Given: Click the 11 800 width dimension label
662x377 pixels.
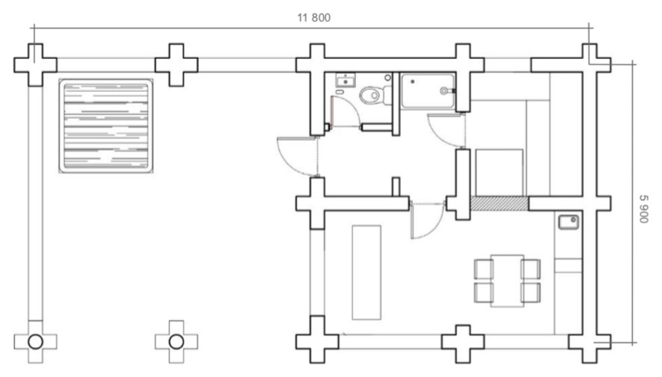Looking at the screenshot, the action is tap(313, 18).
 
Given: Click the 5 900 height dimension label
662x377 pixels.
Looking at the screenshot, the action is tap(643, 209).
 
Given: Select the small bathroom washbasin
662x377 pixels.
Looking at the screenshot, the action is tap(346, 80).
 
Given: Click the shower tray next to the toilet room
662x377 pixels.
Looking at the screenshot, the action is tap(428, 91).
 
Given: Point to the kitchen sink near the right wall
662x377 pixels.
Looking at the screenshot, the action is tap(568, 222).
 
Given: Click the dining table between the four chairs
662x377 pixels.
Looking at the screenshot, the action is tap(507, 281).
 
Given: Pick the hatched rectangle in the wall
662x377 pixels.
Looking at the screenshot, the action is tap(499, 203).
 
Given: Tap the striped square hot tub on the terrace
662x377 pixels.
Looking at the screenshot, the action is tap(105, 126).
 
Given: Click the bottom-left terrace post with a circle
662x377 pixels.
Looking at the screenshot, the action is tap(35, 342).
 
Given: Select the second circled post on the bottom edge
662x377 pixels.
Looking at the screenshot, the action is tap(177, 342).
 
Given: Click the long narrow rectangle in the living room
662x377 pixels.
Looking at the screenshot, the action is tap(367, 272).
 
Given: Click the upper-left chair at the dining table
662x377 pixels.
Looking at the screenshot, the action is tap(483, 269).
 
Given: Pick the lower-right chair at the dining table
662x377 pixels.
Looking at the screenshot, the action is tap(530, 292).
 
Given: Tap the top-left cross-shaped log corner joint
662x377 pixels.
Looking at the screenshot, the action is tap(35, 64).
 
